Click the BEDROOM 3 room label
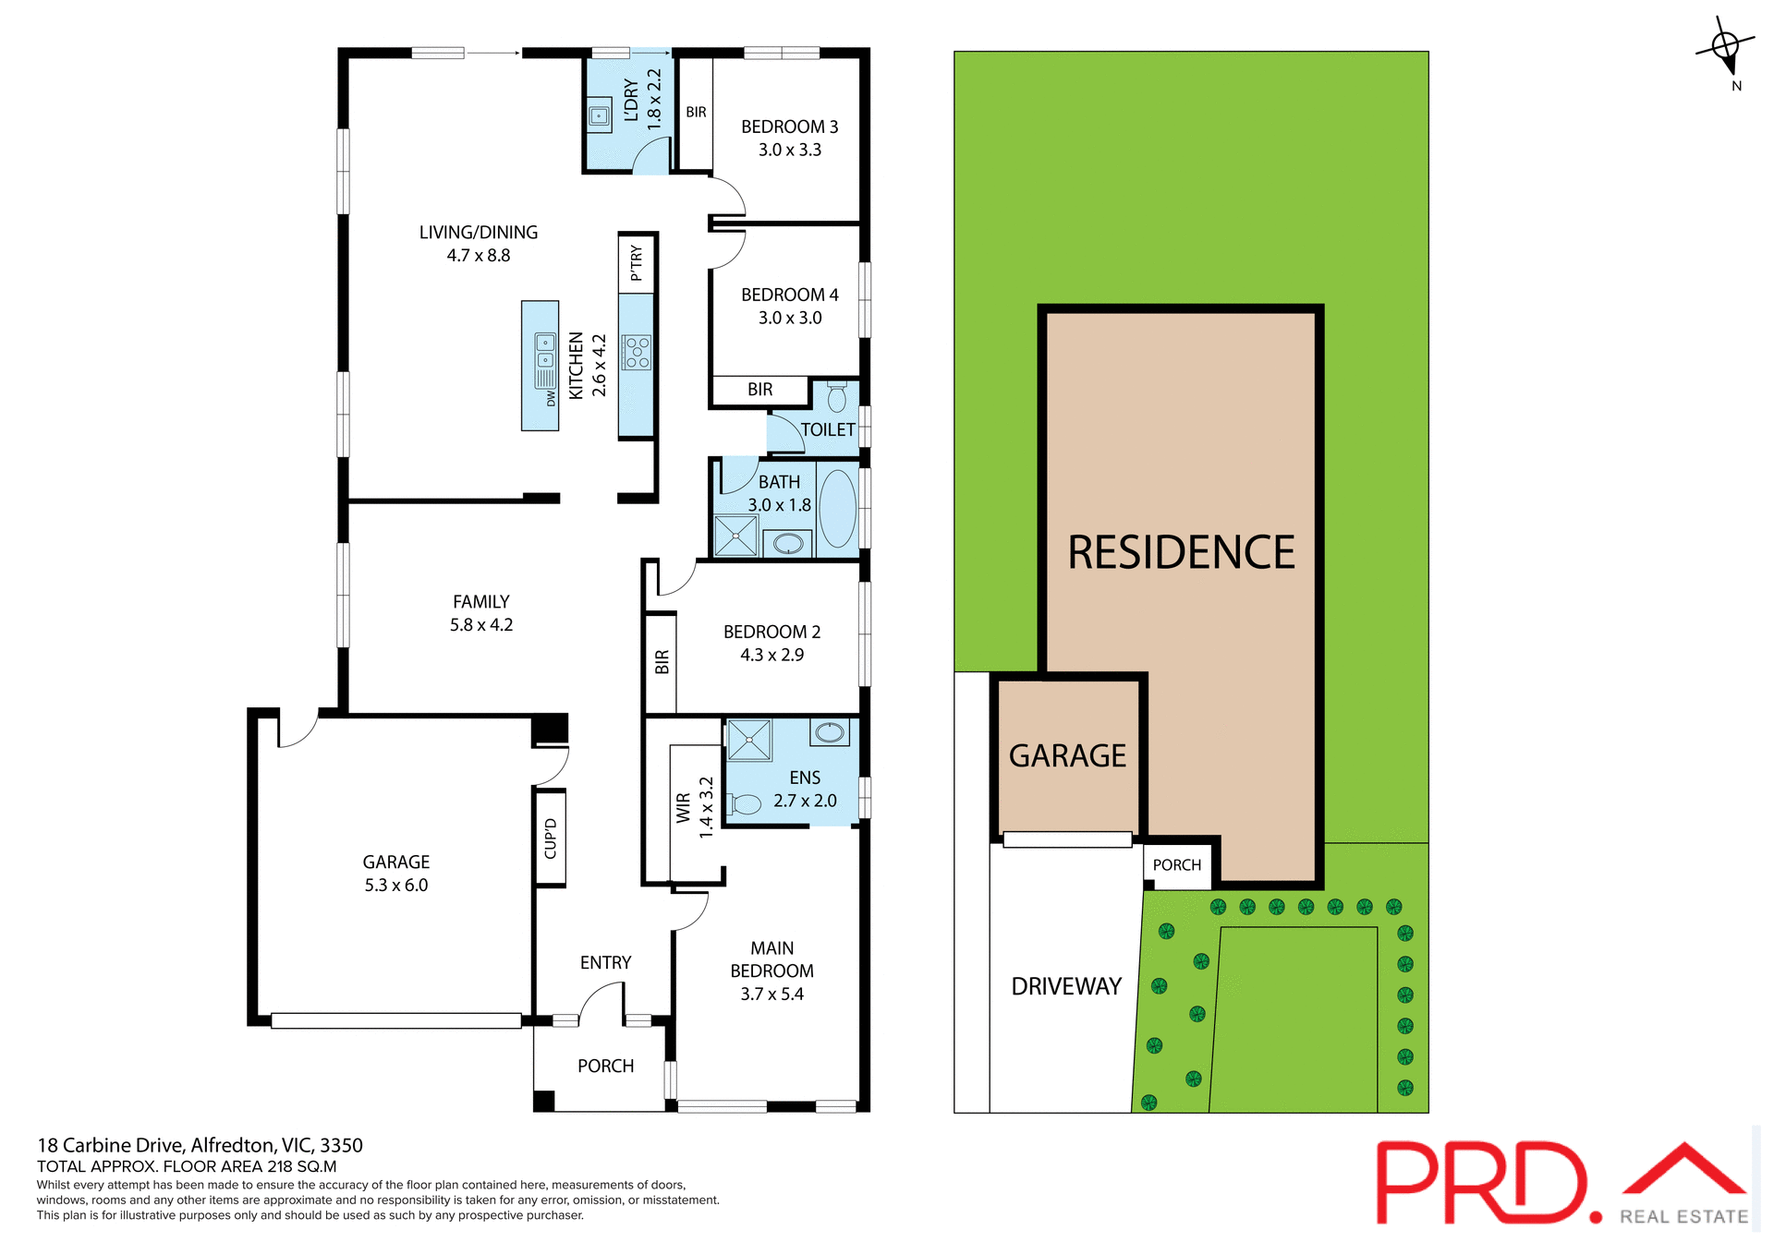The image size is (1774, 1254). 789,127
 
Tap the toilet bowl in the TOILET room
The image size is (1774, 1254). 836,398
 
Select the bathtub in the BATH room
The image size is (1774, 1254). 837,508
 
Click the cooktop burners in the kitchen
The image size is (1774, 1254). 638,353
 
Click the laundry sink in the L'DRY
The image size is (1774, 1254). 600,116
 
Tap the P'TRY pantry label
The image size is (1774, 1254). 637,263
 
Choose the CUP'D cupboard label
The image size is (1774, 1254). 551,838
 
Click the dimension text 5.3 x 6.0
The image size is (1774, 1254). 395,885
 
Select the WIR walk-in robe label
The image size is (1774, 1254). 684,807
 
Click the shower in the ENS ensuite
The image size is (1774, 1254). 748,740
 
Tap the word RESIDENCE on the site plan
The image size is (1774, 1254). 1181,552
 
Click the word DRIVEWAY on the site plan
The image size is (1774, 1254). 1066,986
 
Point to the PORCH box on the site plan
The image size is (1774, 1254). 1177,865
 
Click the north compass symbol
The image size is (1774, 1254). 1726,46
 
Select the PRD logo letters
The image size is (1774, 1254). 1483,1183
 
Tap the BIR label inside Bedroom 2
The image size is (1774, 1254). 662,662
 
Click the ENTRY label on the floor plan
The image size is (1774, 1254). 605,962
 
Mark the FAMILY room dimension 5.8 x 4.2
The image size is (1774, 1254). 480,624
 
